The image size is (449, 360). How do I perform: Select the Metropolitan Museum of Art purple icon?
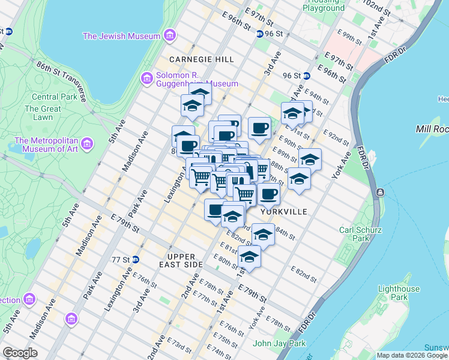point(88,144)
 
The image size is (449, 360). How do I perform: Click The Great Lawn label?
point(43,113)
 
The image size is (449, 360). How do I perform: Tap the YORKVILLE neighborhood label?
point(284,212)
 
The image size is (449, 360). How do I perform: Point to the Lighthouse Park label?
point(398,293)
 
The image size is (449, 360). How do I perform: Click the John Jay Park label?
point(279,344)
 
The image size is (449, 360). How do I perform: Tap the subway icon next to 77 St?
point(136,260)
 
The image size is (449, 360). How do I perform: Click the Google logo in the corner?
point(20,353)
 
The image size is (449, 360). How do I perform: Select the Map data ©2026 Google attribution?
point(412,355)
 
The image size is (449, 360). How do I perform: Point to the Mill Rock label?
point(432,129)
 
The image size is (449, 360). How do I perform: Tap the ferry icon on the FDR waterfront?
point(379,192)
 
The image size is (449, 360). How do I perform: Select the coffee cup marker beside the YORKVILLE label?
point(268,194)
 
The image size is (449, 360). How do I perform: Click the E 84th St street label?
point(285,235)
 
